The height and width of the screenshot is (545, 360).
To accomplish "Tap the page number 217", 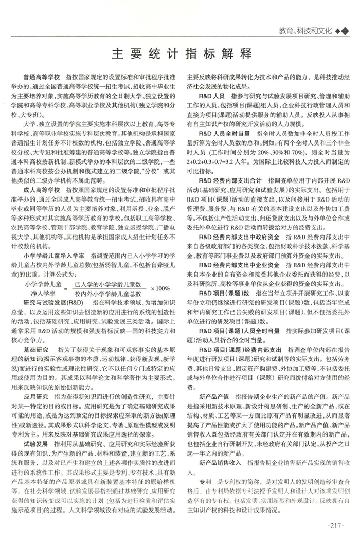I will (335, 525).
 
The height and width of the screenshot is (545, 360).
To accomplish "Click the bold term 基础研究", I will (35, 350).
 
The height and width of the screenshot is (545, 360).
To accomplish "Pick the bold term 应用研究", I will (35, 397).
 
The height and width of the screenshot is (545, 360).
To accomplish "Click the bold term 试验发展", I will (35, 443).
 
